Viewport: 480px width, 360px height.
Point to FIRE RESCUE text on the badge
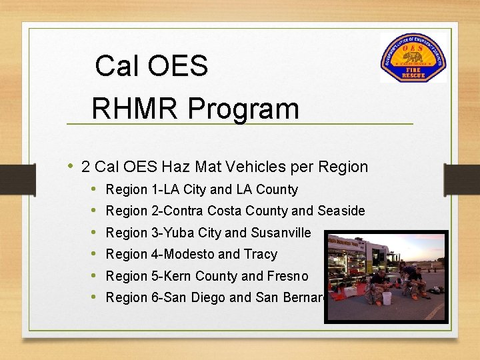coord(413,72)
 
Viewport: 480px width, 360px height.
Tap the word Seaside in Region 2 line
coord(341,211)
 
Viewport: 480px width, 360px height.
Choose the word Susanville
coord(281,233)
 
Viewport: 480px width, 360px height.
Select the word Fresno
coord(288,276)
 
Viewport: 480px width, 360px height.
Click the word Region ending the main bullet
coord(343,167)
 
